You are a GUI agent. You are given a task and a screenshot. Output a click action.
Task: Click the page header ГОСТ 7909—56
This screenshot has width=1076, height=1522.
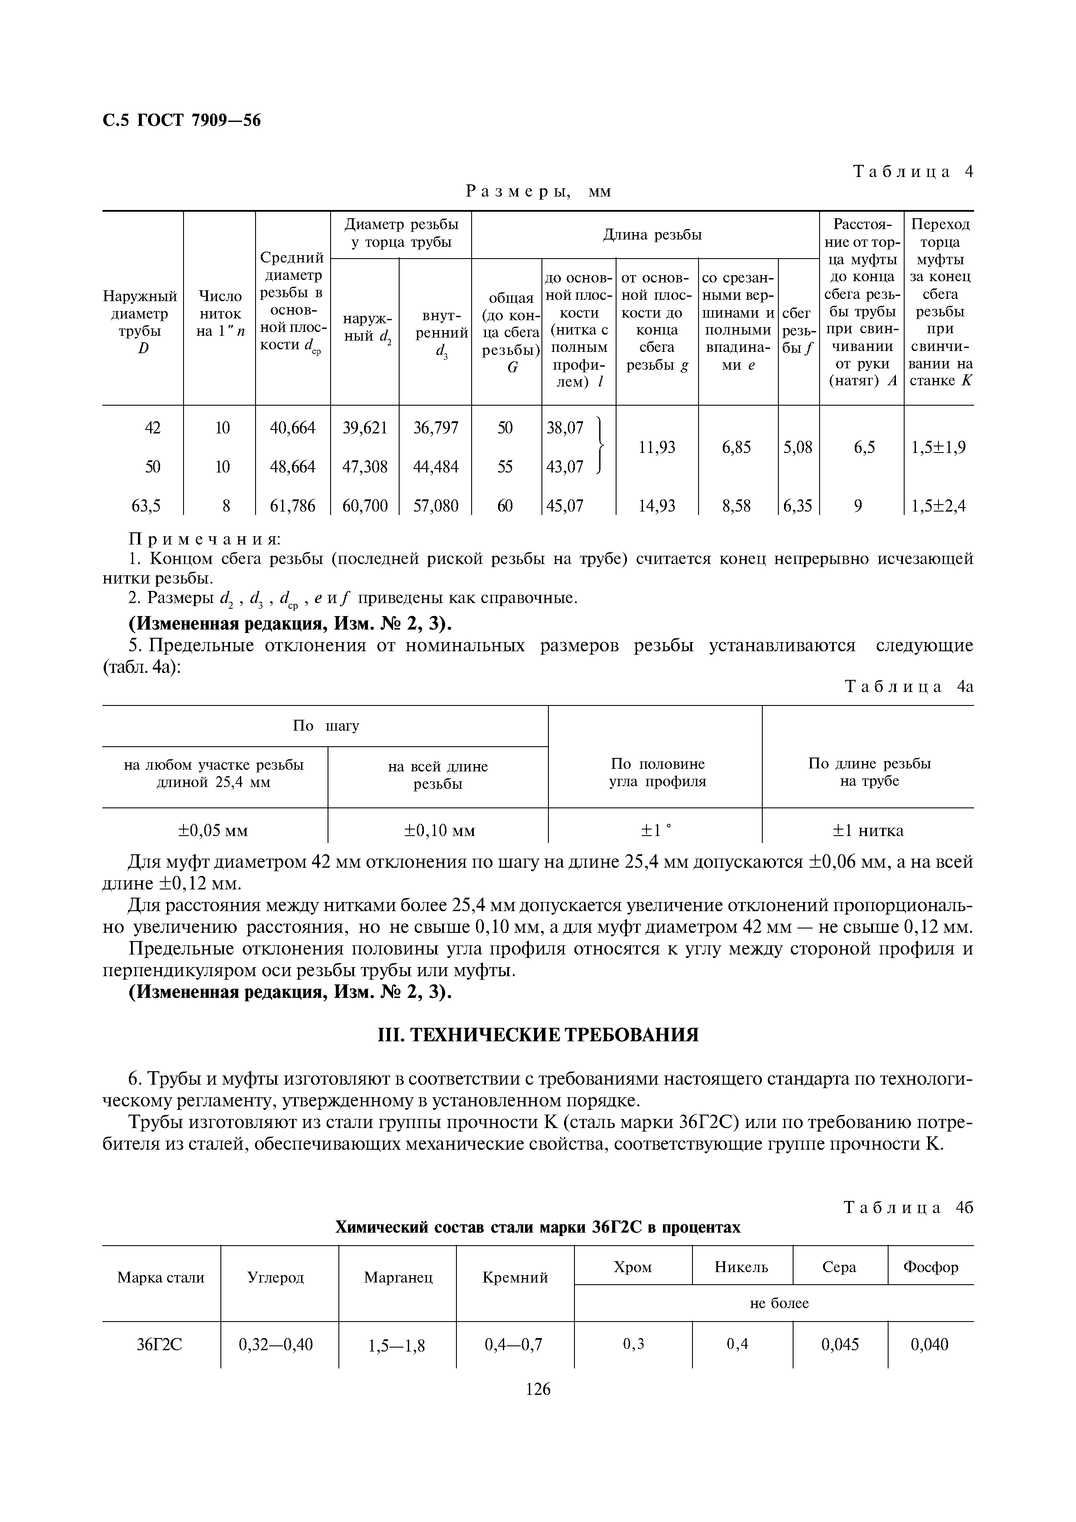pyautogui.click(x=198, y=120)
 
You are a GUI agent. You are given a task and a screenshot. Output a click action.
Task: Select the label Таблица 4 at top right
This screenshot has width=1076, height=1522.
pyautogui.click(x=912, y=172)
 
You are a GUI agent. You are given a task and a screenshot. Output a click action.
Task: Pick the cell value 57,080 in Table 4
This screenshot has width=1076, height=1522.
pyautogui.click(x=436, y=506)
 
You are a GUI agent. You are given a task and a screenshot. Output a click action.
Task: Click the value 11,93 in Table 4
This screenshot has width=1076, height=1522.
pyautogui.click(x=656, y=447)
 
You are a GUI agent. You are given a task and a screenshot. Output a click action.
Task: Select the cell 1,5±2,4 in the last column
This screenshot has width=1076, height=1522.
pyautogui.click(x=938, y=506)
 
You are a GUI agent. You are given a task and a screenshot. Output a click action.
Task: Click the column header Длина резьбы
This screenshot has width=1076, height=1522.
pyautogui.click(x=653, y=235)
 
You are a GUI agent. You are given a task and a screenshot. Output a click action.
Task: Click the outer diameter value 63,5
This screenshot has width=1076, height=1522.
pyautogui.click(x=146, y=506)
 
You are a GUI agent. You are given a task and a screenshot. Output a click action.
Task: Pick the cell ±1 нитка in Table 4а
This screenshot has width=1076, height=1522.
pyautogui.click(x=868, y=830)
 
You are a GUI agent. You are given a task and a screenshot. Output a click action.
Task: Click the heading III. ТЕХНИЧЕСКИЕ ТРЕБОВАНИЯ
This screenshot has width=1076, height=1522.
pyautogui.click(x=538, y=1034)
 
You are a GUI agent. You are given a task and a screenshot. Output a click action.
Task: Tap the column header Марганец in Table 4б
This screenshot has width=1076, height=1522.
pyautogui.click(x=398, y=1277)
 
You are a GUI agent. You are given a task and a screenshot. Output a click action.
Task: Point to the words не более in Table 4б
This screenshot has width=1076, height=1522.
pyautogui.click(x=779, y=1303)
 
